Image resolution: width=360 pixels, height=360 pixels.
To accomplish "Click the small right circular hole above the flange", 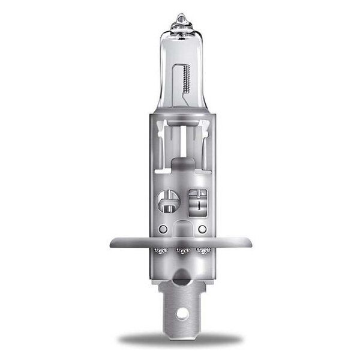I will click(202, 229).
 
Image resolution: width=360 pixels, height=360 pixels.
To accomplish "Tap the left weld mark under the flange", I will click(159, 250).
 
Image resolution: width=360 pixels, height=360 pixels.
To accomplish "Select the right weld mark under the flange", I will click(202, 250).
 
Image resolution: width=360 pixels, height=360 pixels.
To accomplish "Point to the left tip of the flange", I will click(112, 242).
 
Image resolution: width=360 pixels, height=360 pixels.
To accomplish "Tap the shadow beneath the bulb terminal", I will click(180, 341).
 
